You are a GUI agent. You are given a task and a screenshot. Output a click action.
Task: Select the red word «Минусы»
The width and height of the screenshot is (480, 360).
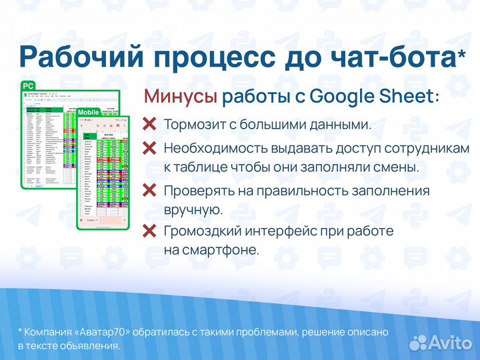180,97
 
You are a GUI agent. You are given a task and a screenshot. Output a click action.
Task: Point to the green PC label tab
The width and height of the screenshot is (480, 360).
29,86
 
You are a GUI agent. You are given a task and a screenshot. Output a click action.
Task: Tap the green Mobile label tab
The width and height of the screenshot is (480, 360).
89,112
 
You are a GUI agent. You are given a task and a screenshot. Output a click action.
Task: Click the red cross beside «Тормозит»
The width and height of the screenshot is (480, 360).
150,125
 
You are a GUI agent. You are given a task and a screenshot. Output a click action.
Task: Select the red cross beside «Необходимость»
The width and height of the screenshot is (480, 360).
150,148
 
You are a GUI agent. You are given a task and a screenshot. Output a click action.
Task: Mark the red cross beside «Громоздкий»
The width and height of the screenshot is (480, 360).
150,231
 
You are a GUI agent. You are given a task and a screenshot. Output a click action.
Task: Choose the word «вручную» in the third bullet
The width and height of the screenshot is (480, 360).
193,209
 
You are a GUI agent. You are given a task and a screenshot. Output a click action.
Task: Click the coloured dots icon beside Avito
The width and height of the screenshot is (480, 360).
418,342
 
